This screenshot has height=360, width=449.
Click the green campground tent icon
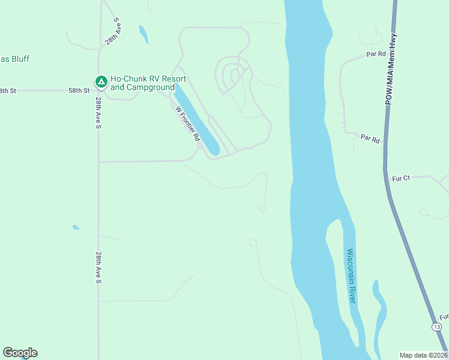pos(101,81)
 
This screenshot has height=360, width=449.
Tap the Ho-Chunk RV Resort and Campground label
pos(148,83)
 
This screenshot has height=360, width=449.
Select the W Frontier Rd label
pos(187,123)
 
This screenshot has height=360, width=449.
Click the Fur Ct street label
pos(401,178)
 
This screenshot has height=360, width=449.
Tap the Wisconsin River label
pos(351,275)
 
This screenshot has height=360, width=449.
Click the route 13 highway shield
pos(437,326)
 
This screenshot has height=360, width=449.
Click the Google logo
pos(20,353)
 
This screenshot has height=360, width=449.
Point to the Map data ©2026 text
pos(423,355)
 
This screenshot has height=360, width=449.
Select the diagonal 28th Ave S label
pos(113,31)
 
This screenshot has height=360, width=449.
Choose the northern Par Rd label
pos(375,54)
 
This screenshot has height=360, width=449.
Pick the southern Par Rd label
pos(370,139)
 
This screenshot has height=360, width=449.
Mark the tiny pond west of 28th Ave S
pos(76,227)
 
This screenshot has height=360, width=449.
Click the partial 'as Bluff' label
pos(15,59)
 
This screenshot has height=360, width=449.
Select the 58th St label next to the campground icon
pos(79,91)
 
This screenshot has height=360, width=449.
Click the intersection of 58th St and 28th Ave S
pos(98,91)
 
